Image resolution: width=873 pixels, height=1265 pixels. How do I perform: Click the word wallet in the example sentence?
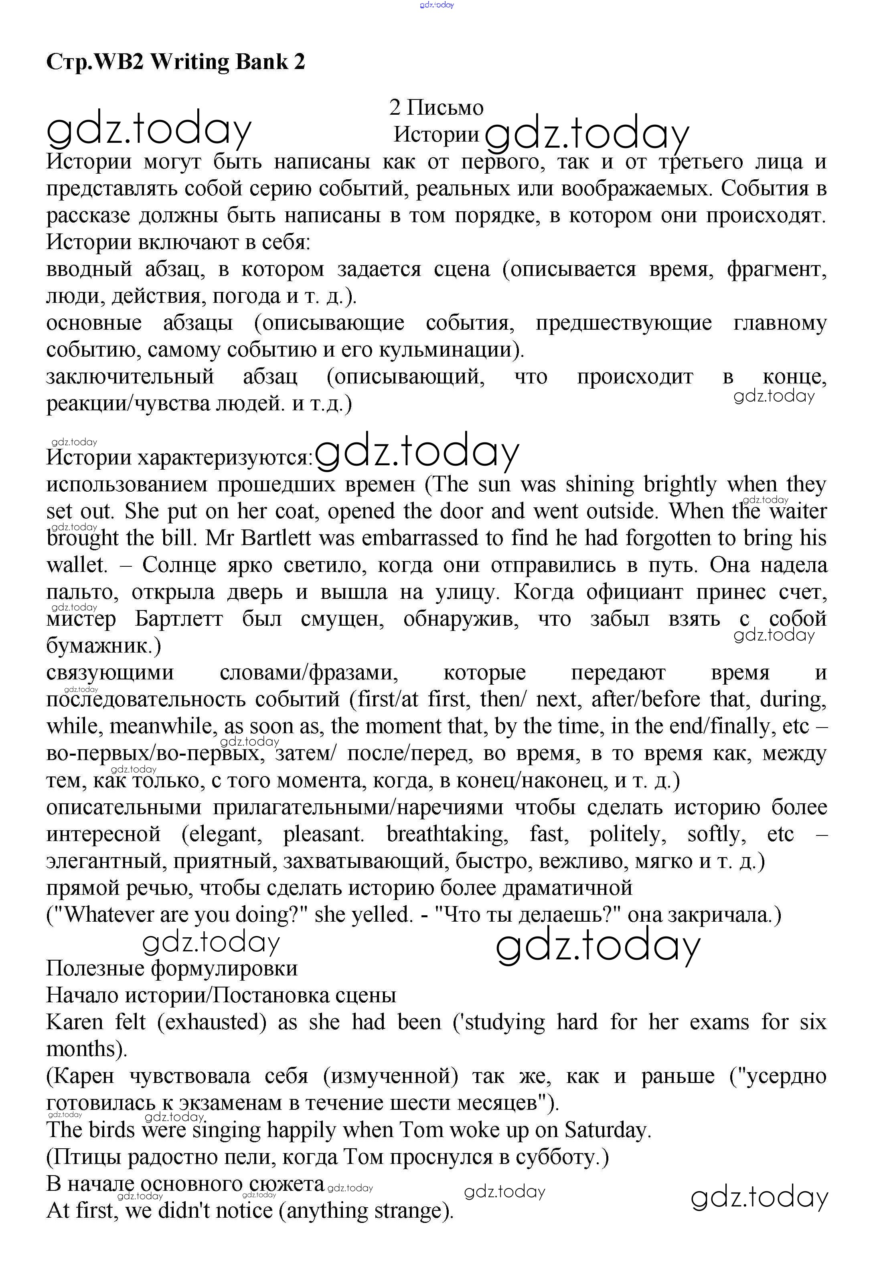(x=77, y=565)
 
